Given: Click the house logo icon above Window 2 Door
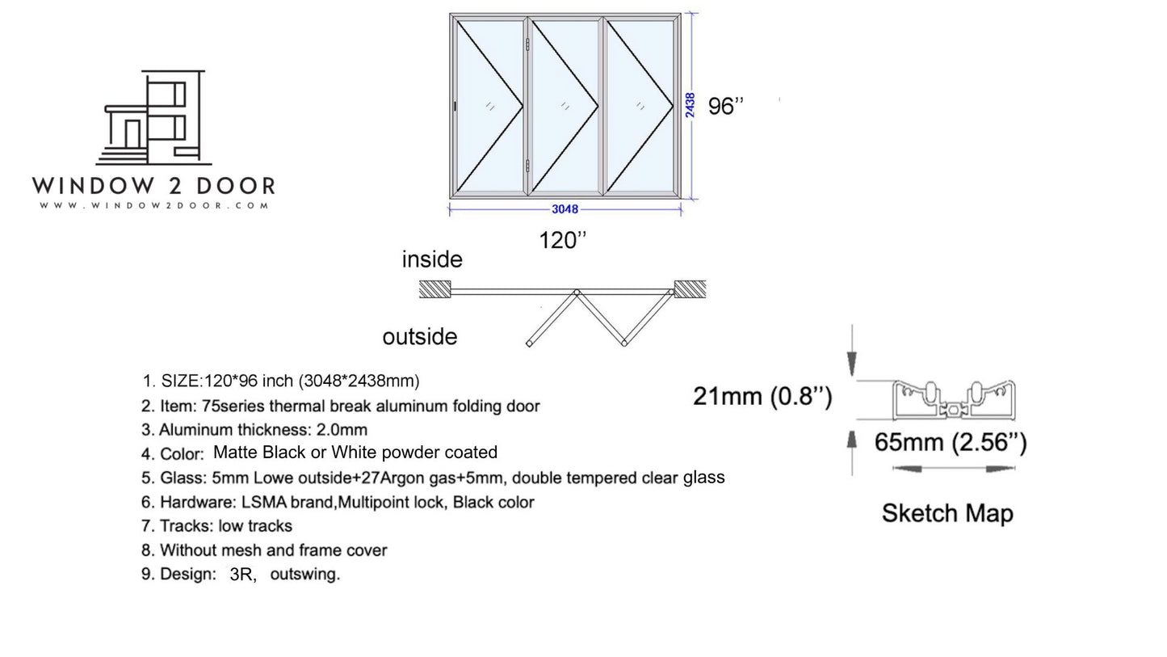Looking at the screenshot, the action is coord(154,117).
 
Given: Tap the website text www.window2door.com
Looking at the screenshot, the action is coord(154,205).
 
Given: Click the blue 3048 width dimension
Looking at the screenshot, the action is coord(565,209).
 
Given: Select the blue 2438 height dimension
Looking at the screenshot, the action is coord(689,105).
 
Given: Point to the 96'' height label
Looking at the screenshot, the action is coord(726,107).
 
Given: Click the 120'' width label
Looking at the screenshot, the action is coord(562,240).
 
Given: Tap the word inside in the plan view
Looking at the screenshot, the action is coord(432,259).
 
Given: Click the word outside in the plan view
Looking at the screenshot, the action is coord(420,337).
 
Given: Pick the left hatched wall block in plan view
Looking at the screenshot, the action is coord(435,288).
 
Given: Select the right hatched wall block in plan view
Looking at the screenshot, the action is coord(690,288).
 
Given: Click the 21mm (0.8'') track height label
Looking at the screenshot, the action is coord(762,396).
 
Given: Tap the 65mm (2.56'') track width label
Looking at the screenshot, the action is coord(951,442).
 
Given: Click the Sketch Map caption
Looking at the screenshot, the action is coord(947,513).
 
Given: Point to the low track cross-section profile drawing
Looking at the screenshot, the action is coord(954,400).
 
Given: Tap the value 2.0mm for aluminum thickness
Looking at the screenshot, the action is coord(342,430).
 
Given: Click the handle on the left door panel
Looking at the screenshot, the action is coord(455,107).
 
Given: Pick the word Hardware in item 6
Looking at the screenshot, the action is coord(198,502).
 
